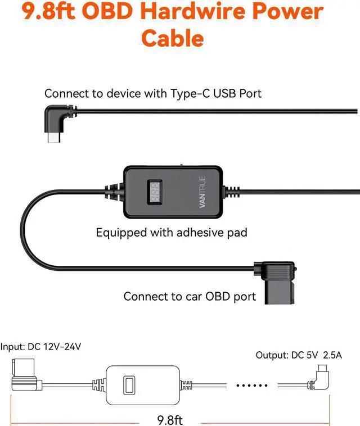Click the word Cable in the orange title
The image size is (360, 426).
pos(172,38)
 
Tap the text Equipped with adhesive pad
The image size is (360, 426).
pos(171,232)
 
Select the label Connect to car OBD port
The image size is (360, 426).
pos(190,296)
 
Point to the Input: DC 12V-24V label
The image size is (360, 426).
pos(40,347)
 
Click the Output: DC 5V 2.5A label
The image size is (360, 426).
pos(299,355)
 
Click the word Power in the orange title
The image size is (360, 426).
pos(286,11)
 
